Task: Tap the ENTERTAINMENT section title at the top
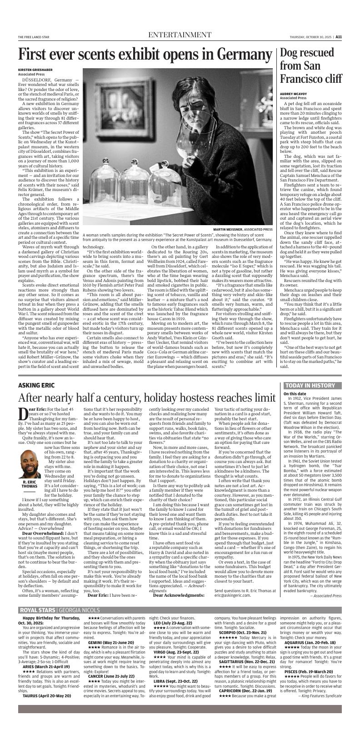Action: click(180, 35)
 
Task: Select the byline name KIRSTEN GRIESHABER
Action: click(35, 70)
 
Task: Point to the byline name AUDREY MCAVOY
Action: click(294, 94)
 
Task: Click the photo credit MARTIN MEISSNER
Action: click(228, 229)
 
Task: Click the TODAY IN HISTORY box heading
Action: click(310, 386)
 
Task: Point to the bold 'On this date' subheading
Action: click(295, 394)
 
